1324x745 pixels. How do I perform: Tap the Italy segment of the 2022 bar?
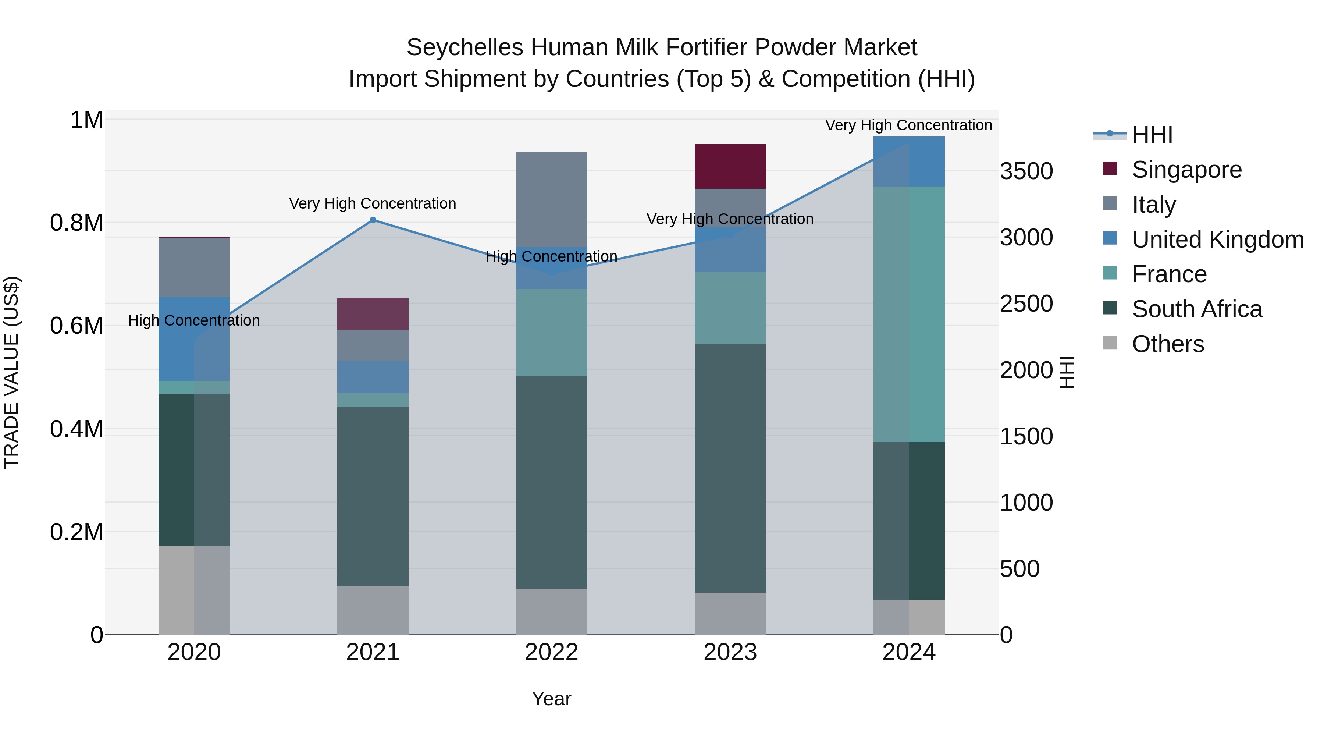click(552, 199)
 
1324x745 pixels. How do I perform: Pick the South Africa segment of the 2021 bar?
click(373, 496)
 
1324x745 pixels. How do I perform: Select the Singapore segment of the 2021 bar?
click(373, 313)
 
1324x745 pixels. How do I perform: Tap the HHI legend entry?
click(1151, 135)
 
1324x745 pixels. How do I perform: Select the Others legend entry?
click(1167, 344)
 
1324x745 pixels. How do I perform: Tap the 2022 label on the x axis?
click(552, 652)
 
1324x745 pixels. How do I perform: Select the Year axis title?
click(552, 699)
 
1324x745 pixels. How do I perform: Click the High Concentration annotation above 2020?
click(194, 320)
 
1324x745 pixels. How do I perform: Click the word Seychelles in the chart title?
click(465, 47)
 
